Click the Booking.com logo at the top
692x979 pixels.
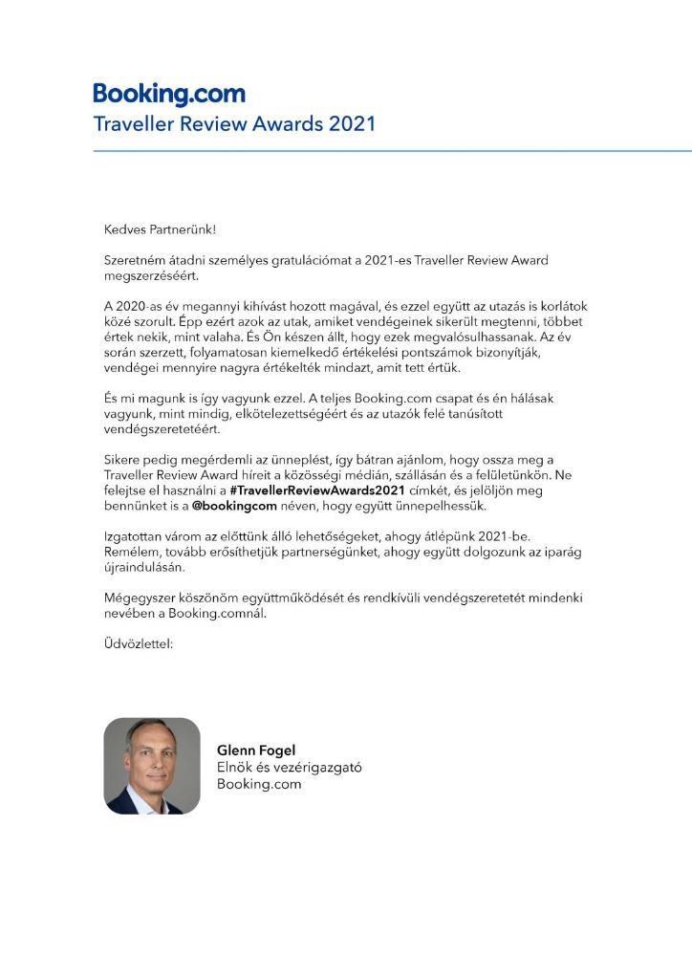(x=169, y=95)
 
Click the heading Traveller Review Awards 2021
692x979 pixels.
(x=234, y=124)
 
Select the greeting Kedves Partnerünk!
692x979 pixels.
(x=161, y=229)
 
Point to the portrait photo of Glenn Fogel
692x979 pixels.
(x=151, y=766)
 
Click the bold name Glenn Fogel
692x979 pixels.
(x=256, y=751)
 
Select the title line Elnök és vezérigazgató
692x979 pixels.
(x=289, y=768)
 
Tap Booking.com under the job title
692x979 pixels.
(x=259, y=784)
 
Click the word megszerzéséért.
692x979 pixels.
(x=148, y=275)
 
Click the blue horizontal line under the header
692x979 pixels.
(x=392, y=151)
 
